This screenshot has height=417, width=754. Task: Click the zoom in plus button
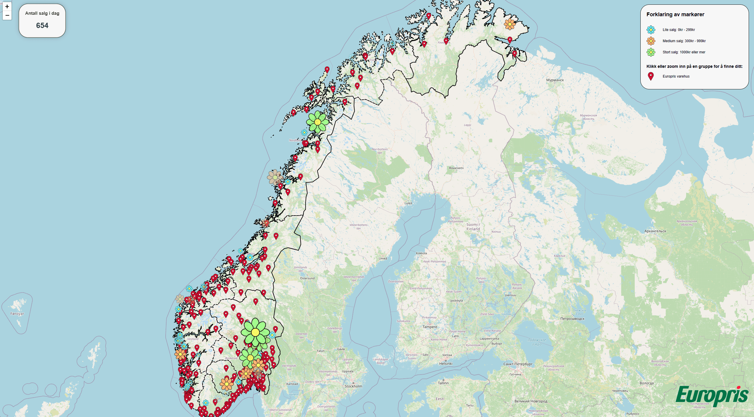point(7,6)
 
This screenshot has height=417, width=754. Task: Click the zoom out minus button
point(7,15)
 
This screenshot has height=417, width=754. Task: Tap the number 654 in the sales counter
point(42,26)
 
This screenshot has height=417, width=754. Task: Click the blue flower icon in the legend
point(651,30)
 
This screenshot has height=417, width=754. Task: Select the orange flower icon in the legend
point(651,41)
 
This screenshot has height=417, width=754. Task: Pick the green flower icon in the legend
point(651,52)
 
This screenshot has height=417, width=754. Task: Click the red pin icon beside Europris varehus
point(651,76)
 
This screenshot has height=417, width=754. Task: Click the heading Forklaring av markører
point(675,14)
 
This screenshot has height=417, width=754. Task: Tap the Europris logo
point(712,395)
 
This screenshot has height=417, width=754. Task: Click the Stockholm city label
point(353,386)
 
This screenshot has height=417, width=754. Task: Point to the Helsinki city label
point(446,364)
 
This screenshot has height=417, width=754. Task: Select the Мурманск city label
point(555,80)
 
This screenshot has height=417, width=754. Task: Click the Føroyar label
point(17,314)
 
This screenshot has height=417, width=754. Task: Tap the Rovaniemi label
point(456,168)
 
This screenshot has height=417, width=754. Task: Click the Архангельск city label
point(655,231)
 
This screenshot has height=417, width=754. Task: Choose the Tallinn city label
point(443,383)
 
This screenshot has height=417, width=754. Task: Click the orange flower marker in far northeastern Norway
point(510,24)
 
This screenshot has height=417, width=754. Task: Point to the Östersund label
point(307,278)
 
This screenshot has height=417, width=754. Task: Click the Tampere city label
point(430,327)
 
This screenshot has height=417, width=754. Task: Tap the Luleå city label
point(408,203)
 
